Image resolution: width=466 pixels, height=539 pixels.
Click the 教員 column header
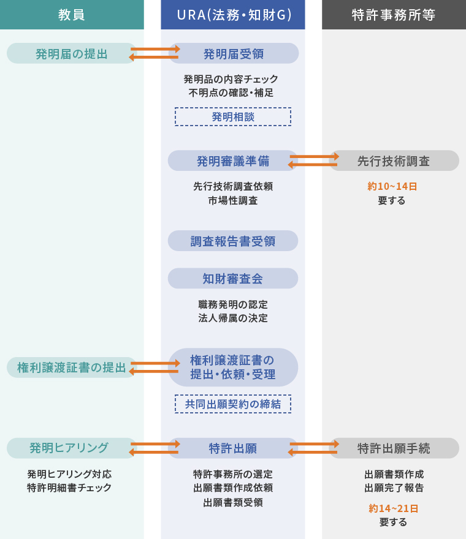(x=72, y=15)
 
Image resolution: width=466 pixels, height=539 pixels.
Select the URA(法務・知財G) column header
(x=233, y=15)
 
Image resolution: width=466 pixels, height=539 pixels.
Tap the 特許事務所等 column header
(x=394, y=15)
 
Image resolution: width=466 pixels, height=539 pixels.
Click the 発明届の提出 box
(x=71, y=53)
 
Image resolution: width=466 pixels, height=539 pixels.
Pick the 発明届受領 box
(x=233, y=53)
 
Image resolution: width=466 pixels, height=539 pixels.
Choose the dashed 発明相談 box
(x=233, y=116)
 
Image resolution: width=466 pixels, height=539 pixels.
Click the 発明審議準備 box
(x=233, y=161)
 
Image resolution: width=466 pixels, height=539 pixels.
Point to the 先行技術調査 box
(x=394, y=161)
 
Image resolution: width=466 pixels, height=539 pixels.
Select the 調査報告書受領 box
(x=233, y=241)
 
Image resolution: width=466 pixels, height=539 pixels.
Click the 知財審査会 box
(x=233, y=279)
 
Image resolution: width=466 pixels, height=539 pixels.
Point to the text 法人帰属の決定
(x=233, y=318)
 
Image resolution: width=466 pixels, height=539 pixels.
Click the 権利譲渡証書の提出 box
(x=71, y=367)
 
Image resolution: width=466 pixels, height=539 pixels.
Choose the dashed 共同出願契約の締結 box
(x=233, y=404)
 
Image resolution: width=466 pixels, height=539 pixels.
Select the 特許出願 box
(x=233, y=448)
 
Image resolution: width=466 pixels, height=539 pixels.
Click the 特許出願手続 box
(x=394, y=448)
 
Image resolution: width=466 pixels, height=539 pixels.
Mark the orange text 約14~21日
(x=393, y=508)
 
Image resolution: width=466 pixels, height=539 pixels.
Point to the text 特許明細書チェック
(x=69, y=488)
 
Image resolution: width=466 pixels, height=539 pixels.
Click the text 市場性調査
(x=233, y=200)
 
